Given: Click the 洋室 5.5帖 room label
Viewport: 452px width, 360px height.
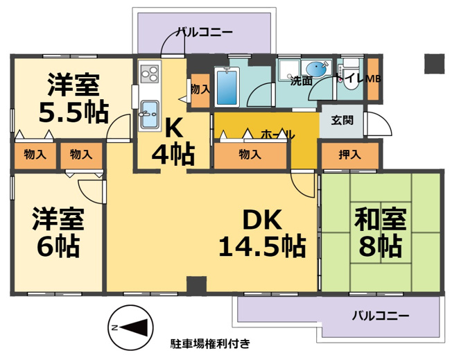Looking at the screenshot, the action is pos(73,98).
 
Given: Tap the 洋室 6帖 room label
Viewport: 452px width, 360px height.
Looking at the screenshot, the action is pos(58,232).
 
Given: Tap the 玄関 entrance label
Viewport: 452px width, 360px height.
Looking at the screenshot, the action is pos(342,120).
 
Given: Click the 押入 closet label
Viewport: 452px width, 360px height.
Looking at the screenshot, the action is pos(349,155).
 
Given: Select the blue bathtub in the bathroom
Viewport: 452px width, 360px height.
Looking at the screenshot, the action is pos(227,86).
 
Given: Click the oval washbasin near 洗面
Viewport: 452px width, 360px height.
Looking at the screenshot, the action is pos(318,69).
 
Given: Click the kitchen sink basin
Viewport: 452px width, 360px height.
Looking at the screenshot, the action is pos(149,114).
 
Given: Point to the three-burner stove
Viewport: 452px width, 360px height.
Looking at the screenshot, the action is pos(149,74).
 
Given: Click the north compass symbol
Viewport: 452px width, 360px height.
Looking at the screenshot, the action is pos(130,328).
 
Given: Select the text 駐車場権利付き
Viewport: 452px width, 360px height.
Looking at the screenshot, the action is pos(210,343).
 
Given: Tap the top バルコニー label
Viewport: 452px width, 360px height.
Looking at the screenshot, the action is pos(205,32).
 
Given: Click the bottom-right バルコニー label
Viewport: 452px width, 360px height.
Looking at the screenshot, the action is pos(381,316).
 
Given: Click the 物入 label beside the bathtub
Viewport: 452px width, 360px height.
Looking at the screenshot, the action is pos(200,89).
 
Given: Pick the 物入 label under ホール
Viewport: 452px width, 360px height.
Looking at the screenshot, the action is pos(250,155).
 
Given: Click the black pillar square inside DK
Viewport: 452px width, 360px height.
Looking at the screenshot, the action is pos(197,284).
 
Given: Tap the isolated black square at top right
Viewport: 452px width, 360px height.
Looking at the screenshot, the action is pos(435,64).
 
